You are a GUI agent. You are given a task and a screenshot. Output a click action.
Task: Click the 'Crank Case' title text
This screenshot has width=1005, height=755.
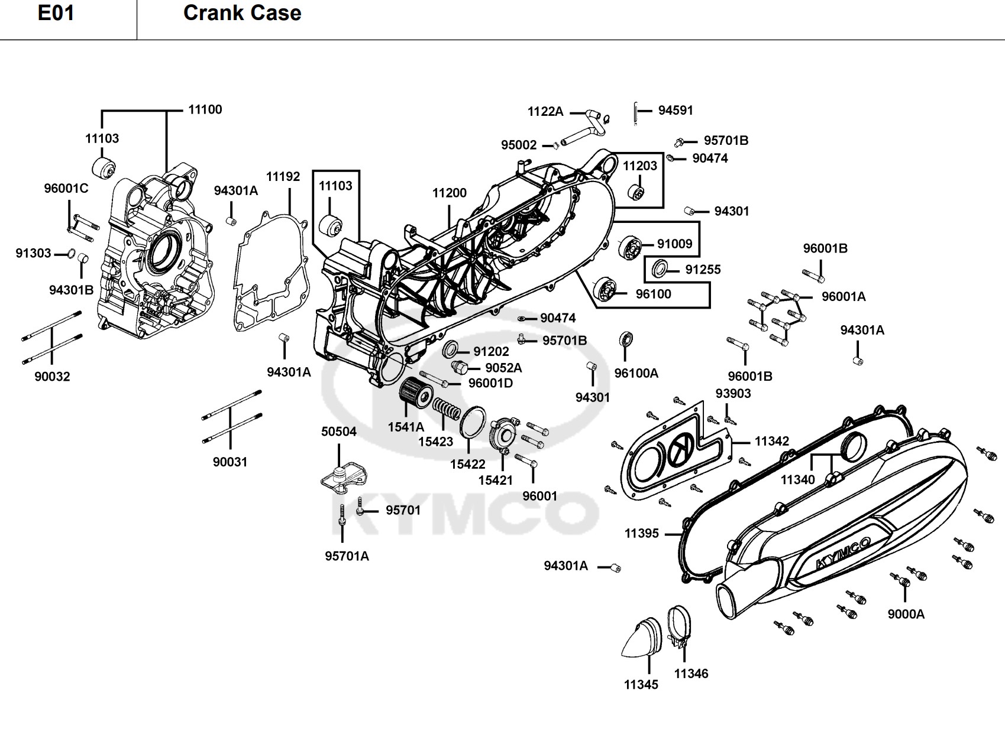(242, 13)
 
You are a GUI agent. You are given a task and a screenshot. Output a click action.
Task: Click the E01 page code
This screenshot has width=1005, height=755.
(56, 13)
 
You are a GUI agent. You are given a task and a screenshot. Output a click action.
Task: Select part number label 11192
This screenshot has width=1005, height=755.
(283, 176)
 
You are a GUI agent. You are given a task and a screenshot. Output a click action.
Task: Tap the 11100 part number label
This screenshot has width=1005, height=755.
(205, 109)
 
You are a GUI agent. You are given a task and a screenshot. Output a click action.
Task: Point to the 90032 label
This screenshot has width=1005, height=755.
(52, 377)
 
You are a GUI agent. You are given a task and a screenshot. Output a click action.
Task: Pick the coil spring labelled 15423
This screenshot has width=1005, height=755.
(448, 410)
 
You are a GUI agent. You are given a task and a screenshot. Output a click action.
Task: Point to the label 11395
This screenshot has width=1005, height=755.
(642, 533)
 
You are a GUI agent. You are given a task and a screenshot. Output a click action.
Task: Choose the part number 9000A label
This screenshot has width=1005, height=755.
(906, 614)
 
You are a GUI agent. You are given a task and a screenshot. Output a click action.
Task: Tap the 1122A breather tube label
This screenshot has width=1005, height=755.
(545, 111)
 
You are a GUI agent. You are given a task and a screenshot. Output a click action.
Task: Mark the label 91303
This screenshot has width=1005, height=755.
(33, 254)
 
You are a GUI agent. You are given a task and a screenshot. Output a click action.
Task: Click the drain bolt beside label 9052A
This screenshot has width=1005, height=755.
(460, 368)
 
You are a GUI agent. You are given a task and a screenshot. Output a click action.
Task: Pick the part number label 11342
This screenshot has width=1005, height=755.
(772, 441)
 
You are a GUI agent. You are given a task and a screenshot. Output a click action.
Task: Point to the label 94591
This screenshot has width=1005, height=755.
(676, 110)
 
